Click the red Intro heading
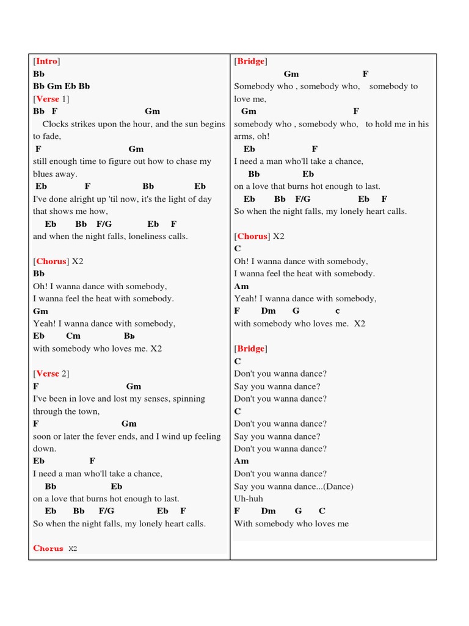[x=46, y=61]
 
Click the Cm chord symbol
[x=73, y=336]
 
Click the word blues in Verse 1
[x=45, y=174]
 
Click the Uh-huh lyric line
[x=248, y=499]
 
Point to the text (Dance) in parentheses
[x=340, y=487]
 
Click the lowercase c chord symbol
[x=337, y=311]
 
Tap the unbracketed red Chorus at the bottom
[x=48, y=548]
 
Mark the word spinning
[x=188, y=399]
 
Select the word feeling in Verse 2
[x=207, y=436]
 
